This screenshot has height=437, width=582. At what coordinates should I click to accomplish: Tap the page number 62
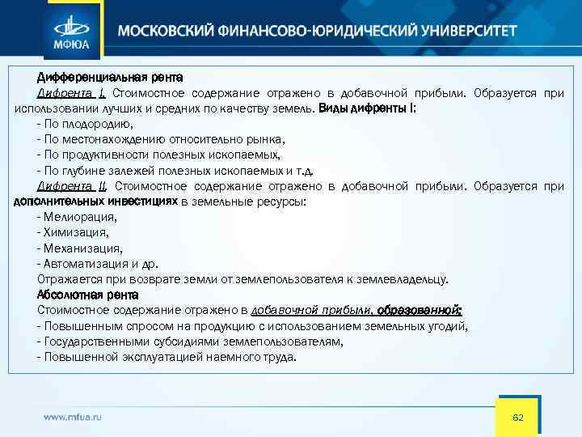tap(518, 417)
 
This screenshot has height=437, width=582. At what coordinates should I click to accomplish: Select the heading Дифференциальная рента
tap(110, 78)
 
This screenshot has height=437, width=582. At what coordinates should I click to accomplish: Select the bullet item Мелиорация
tap(78, 217)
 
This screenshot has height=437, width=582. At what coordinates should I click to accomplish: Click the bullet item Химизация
tap(74, 232)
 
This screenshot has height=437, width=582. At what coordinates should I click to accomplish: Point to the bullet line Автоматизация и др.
tap(98, 264)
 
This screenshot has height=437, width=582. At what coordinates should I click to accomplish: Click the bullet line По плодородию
tap(84, 125)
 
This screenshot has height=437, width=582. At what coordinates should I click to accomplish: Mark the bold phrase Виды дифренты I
tap(367, 109)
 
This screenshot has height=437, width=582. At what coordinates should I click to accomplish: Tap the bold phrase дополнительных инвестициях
tap(96, 202)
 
